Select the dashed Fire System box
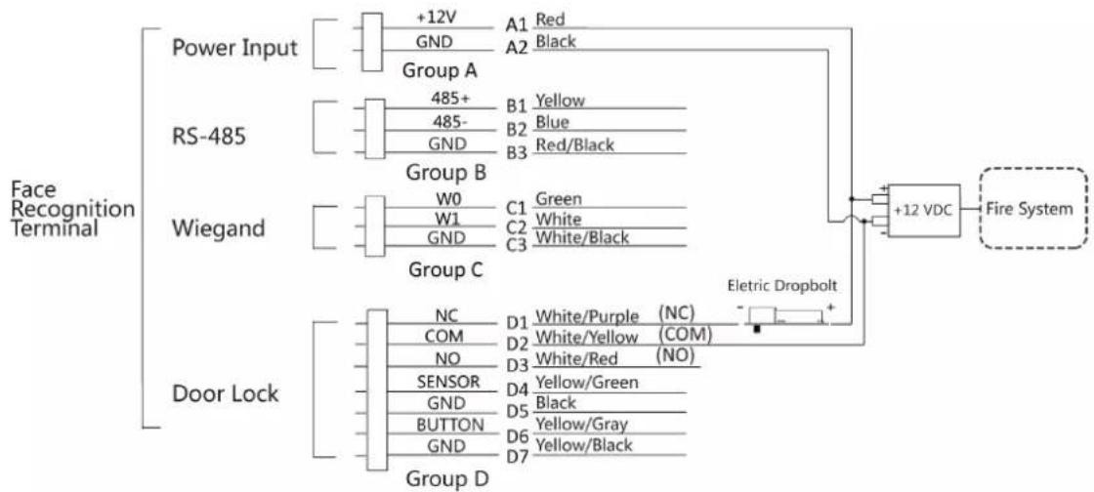pyautogui.click(x=1034, y=208)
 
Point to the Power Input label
pyautogui.click(x=235, y=49)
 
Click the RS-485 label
pyautogui.click(x=209, y=136)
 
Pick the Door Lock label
pyautogui.click(x=225, y=393)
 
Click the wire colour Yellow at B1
pyautogui.click(x=560, y=101)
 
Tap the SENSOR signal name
pyautogui.click(x=447, y=382)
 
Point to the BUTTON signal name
pyautogui.click(x=449, y=425)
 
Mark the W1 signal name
pyautogui.click(x=447, y=219)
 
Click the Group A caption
pyautogui.click(x=439, y=70)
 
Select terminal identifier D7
pyautogui.click(x=517, y=460)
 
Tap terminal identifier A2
pyautogui.click(x=517, y=47)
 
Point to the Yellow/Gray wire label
pyautogui.click(x=580, y=424)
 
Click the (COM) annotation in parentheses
pyautogui.click(x=685, y=335)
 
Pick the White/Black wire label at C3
pyautogui.click(x=582, y=237)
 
